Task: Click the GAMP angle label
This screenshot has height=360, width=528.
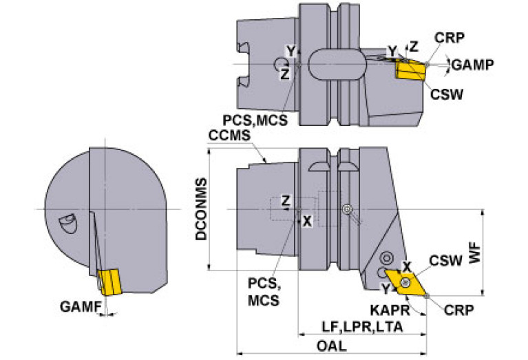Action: pyautogui.click(x=473, y=64)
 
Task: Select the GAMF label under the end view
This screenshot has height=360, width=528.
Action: pyautogui.click(x=81, y=306)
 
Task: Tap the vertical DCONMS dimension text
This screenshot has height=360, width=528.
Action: pyautogui.click(x=202, y=209)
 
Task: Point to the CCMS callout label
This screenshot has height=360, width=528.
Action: pyautogui.click(x=229, y=136)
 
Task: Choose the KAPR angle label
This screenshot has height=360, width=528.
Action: pyautogui.click(x=390, y=310)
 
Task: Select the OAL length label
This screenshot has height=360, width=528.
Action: pyautogui.click(x=331, y=346)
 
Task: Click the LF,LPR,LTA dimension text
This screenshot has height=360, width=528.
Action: pyautogui.click(x=362, y=327)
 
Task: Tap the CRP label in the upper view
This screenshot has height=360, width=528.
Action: pyautogui.click(x=450, y=38)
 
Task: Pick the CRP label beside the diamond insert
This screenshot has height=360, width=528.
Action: pyautogui.click(x=458, y=310)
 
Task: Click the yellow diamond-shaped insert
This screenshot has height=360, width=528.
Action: pyautogui.click(x=406, y=282)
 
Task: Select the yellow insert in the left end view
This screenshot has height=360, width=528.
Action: pyautogui.click(x=109, y=282)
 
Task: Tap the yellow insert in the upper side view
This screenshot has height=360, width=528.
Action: pyautogui.click(x=410, y=70)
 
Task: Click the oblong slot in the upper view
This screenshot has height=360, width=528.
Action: pyautogui.click(x=337, y=65)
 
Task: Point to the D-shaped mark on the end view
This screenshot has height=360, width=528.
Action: pyautogui.click(x=68, y=223)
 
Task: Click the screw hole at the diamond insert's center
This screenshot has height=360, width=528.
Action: pyautogui.click(x=405, y=282)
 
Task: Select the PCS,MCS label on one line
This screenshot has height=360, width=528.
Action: pyautogui.click(x=255, y=120)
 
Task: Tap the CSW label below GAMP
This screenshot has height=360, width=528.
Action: pyautogui.click(x=447, y=94)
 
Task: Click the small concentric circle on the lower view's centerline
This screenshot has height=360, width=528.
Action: pyautogui.click(x=346, y=209)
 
